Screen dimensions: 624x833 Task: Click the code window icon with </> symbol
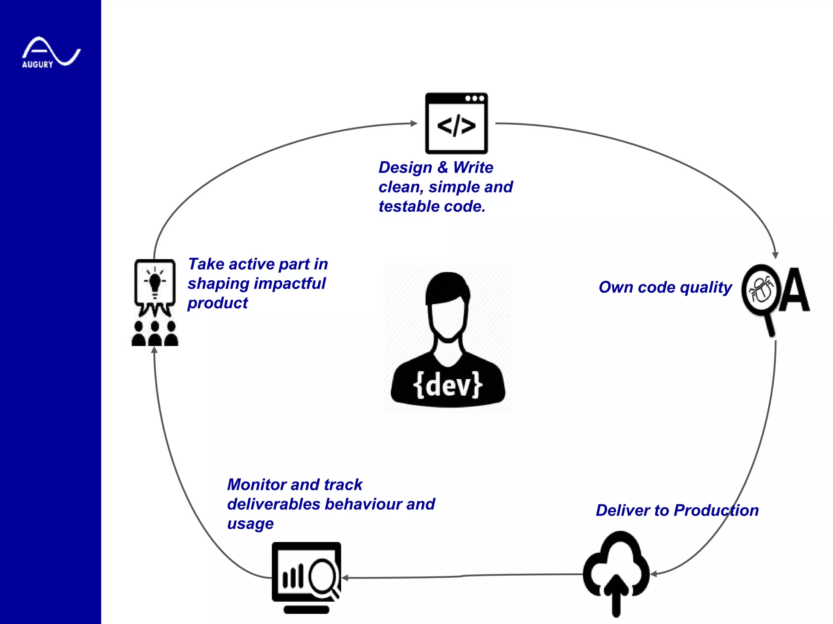tap(456, 124)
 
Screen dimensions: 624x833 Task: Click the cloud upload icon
tap(616, 569)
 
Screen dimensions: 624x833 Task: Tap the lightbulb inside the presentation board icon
tap(155, 282)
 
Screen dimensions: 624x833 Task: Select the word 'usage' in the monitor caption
tap(250, 524)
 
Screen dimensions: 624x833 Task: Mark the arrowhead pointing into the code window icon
tap(414, 123)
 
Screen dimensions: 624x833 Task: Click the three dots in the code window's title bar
tap(475, 98)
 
